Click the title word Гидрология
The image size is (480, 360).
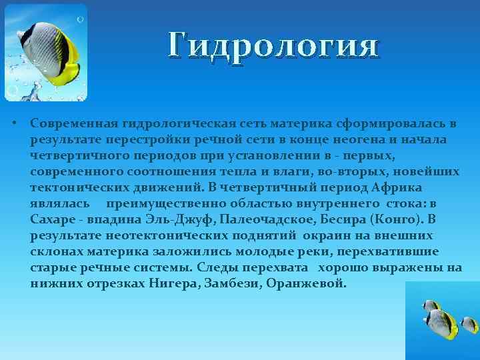click(273, 47)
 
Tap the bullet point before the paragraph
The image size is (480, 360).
click(14, 125)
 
